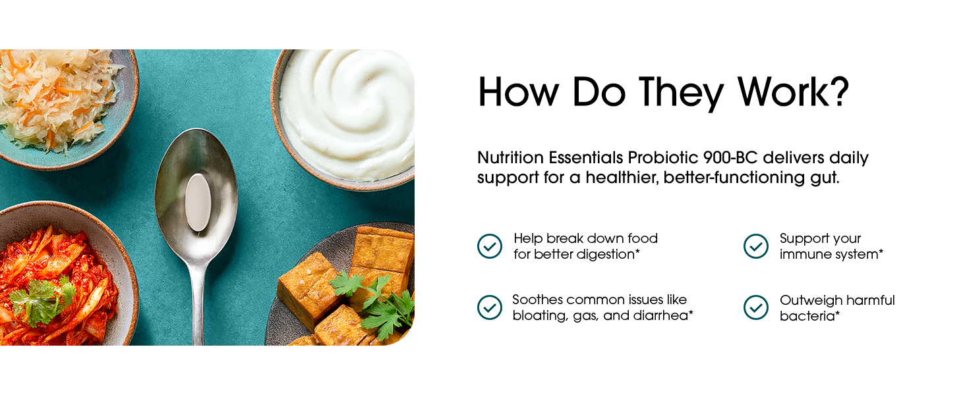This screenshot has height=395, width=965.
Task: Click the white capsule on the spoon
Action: tap(198, 202)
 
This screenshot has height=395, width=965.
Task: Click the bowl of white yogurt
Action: tap(343, 118)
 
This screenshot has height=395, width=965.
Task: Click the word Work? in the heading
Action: tap(793, 92)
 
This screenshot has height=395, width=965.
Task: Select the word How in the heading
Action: tap(519, 92)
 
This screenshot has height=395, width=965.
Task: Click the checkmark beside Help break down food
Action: tap(490, 246)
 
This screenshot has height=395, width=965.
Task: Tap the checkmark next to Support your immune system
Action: tap(756, 246)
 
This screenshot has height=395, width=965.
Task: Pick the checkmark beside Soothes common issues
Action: tap(490, 307)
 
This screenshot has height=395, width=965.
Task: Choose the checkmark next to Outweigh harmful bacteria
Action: tap(756, 307)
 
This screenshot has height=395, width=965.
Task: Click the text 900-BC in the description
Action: tap(730, 157)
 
